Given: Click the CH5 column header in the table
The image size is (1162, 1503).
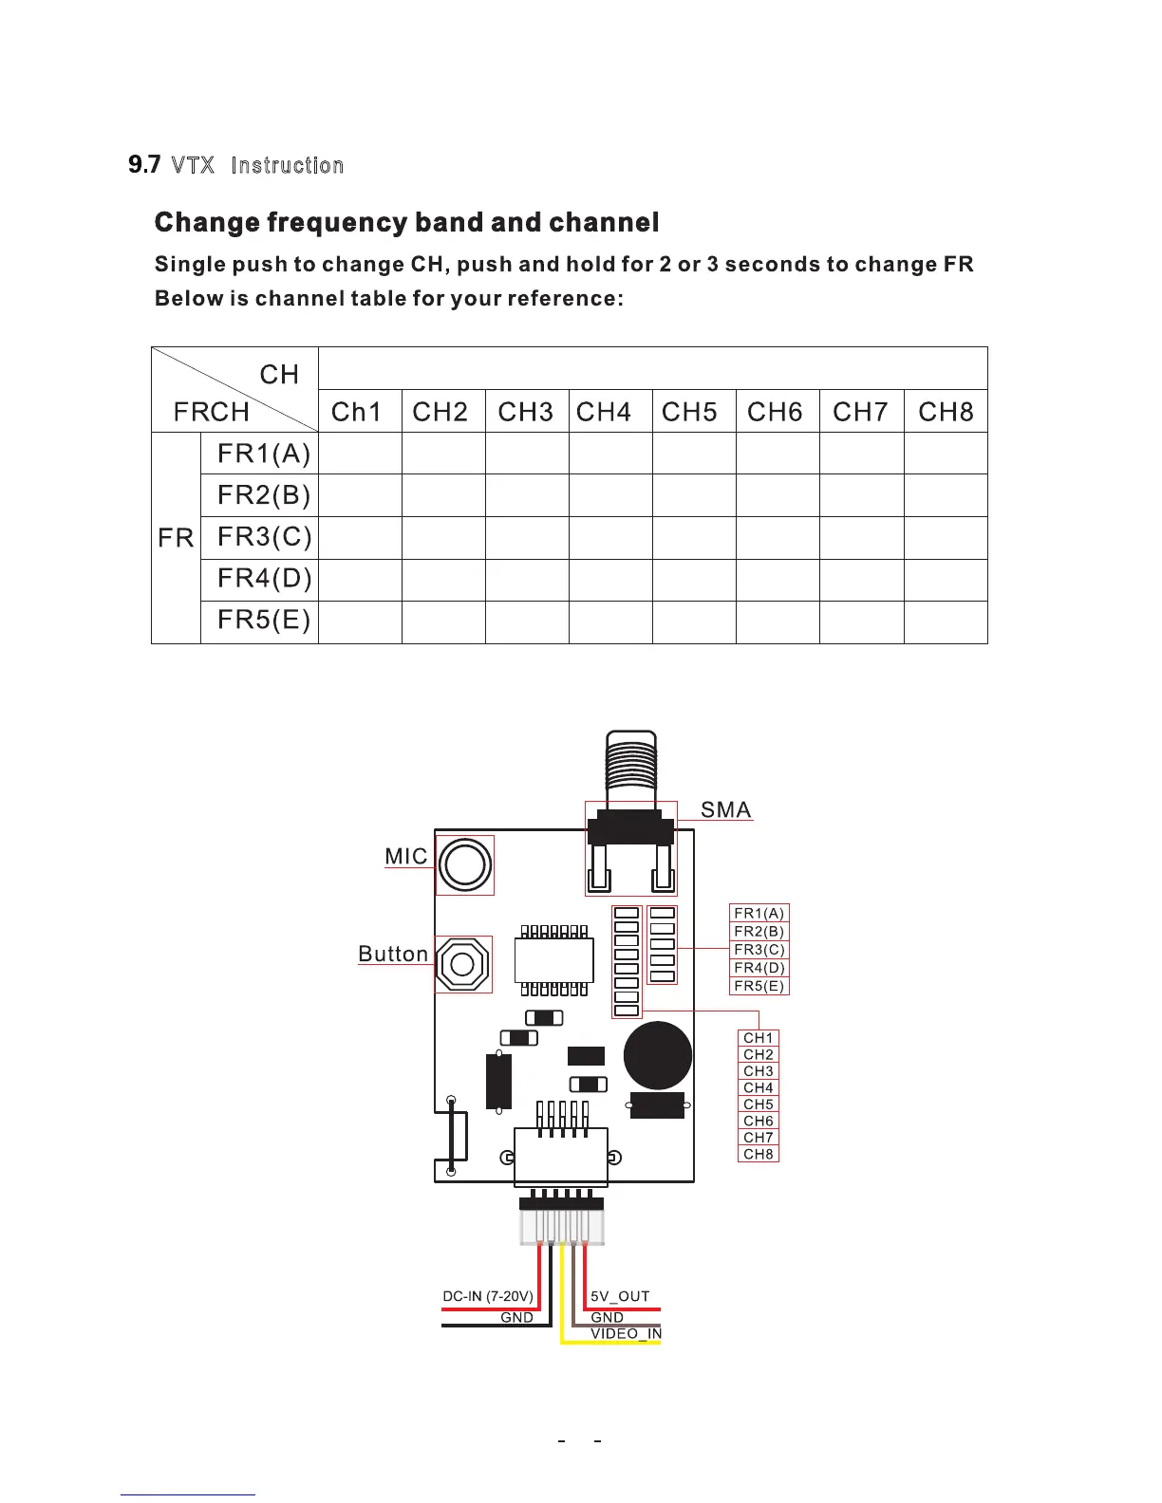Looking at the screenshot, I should click(689, 412).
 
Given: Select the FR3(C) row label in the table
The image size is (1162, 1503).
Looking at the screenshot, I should click(264, 537).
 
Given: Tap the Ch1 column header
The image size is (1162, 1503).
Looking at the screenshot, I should click(356, 412).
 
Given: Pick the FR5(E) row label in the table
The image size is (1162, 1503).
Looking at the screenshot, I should click(264, 621).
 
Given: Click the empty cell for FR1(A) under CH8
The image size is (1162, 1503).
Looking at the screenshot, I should click(946, 454).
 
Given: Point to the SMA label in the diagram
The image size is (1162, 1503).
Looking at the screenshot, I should click(725, 809).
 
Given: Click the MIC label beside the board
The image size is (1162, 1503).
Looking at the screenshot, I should click(406, 856).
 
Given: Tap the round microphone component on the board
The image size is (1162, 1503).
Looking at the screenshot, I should click(465, 864).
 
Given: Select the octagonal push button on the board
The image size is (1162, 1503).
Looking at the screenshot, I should click(463, 965).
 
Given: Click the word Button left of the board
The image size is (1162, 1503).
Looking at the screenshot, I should click(393, 954).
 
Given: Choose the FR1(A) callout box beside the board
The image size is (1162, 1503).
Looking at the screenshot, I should click(759, 913).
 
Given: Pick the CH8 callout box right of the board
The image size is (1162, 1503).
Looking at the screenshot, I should click(759, 1154).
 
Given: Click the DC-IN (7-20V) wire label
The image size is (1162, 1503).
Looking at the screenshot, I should click(488, 1296).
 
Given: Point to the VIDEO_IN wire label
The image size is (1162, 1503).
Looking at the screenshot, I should click(626, 1333).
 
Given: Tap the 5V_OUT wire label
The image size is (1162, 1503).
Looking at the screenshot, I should click(620, 1296).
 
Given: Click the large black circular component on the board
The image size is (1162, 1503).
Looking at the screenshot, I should click(658, 1056).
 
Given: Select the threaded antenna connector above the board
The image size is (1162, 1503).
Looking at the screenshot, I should click(631, 765).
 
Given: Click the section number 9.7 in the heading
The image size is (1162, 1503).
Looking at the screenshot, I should click(144, 165).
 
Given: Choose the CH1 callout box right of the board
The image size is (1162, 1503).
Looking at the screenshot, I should click(759, 1038).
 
